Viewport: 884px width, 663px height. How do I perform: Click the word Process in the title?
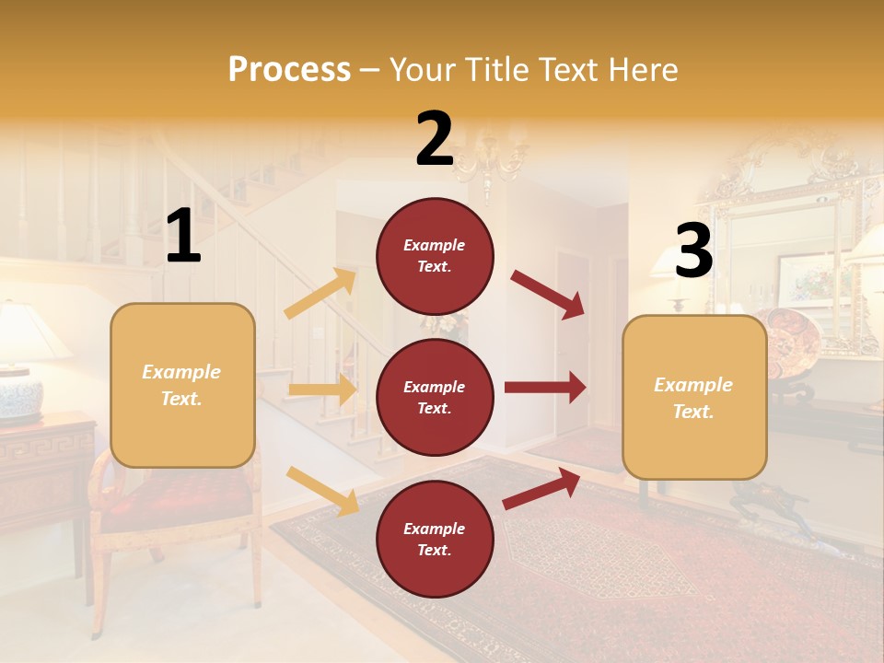point(289,70)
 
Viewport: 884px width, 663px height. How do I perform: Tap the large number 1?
point(183,237)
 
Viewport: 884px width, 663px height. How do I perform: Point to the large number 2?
point(434,139)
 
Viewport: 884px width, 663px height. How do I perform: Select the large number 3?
point(693,251)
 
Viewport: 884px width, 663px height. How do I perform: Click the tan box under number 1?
point(182,385)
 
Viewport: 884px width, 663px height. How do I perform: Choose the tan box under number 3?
point(694,397)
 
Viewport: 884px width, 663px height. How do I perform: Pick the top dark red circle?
point(435,256)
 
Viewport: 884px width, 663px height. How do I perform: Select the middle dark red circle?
point(435,397)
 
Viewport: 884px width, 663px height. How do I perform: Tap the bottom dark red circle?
point(435,539)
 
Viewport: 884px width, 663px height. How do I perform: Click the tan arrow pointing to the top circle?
point(320,294)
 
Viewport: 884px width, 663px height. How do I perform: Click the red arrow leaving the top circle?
point(548,293)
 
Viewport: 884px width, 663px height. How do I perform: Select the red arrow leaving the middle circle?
point(545,387)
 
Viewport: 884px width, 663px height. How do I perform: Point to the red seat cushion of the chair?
point(175,502)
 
